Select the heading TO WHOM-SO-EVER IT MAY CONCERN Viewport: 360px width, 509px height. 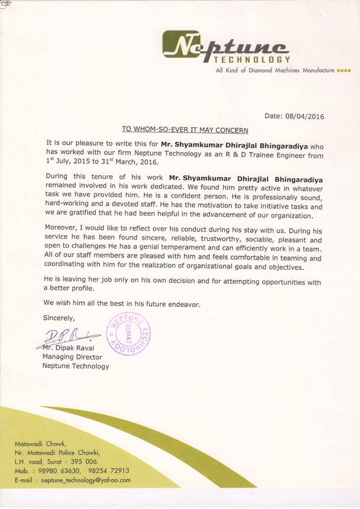[185, 130]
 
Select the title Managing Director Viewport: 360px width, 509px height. [72, 357]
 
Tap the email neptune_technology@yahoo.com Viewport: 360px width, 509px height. [73, 481]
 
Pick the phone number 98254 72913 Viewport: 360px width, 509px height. [107, 471]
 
